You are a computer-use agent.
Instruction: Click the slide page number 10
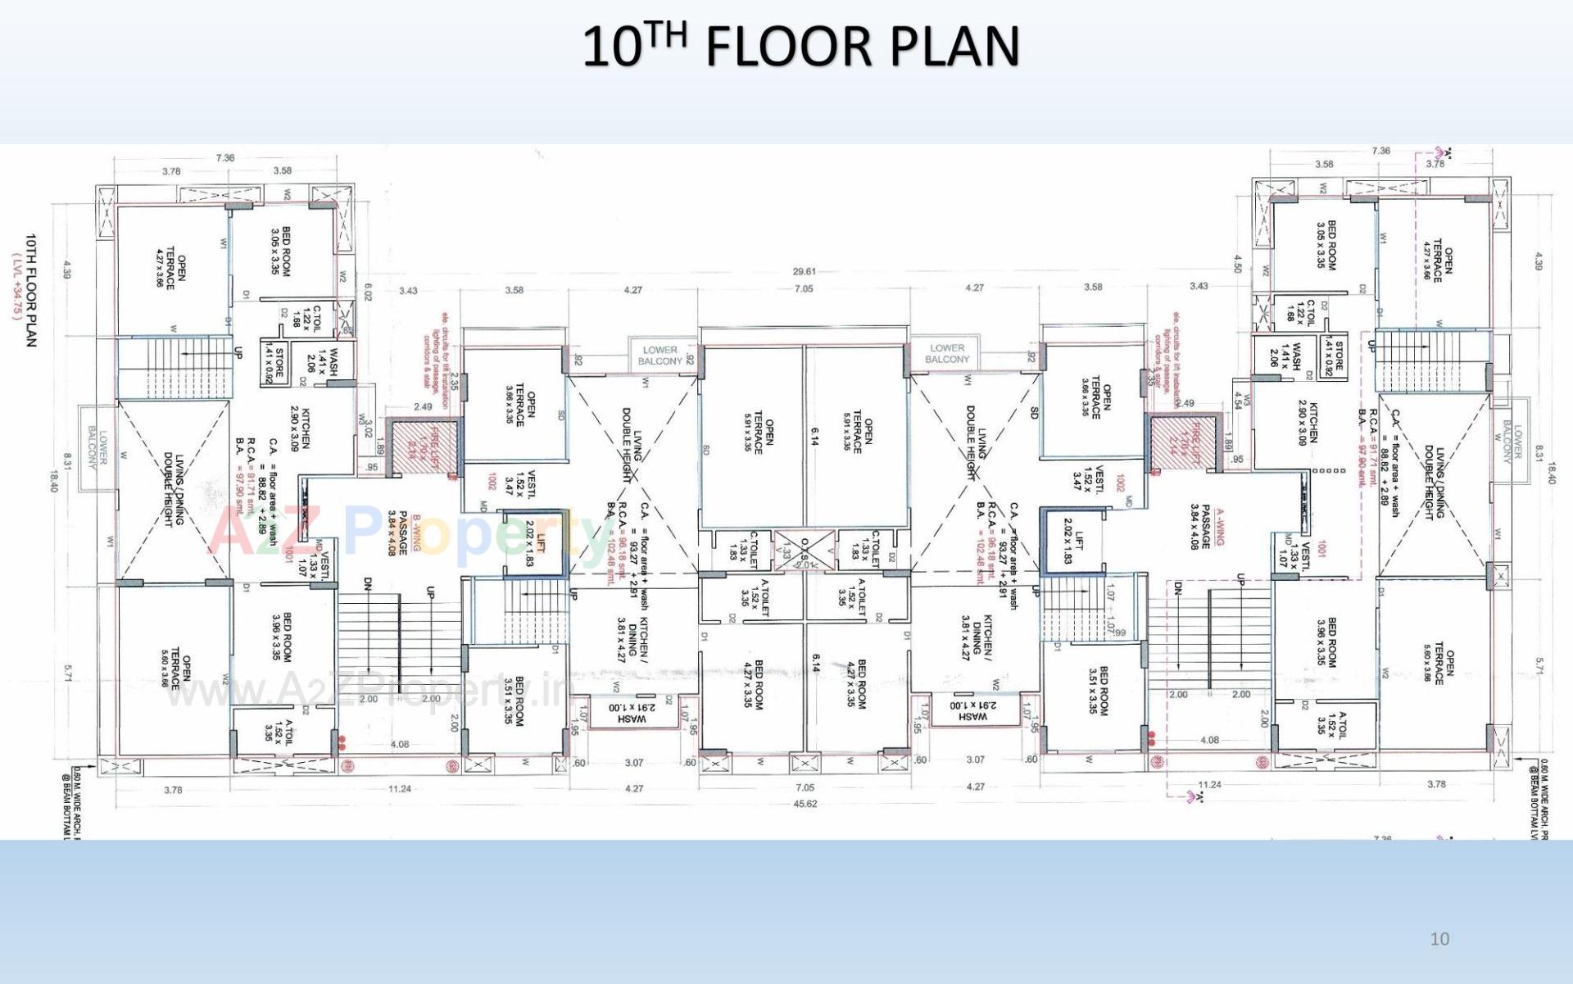1439,939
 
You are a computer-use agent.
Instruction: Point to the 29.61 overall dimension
804,271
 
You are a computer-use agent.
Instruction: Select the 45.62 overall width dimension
805,804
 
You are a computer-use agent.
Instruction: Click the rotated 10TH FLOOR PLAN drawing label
31,290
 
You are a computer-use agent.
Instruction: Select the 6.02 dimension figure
368,292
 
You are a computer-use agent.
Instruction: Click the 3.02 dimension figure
368,429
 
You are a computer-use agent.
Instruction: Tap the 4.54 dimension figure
1238,400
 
